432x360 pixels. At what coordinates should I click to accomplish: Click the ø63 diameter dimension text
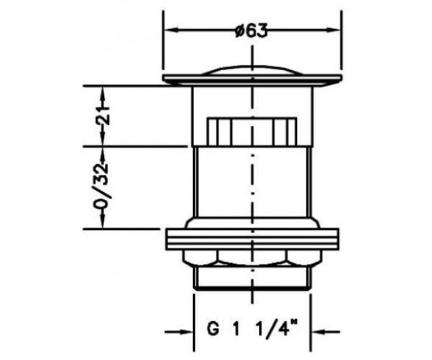click(x=251, y=30)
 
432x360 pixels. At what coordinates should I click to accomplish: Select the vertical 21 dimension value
click(x=102, y=116)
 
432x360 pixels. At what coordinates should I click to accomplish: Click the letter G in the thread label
click(x=214, y=329)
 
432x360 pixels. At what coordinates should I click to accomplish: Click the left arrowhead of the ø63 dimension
click(x=171, y=30)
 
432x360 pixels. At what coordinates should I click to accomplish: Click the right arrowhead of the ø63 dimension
click(x=334, y=30)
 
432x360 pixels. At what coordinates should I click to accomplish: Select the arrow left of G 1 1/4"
click(x=179, y=332)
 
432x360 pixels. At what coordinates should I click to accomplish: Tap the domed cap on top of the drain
click(x=252, y=70)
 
